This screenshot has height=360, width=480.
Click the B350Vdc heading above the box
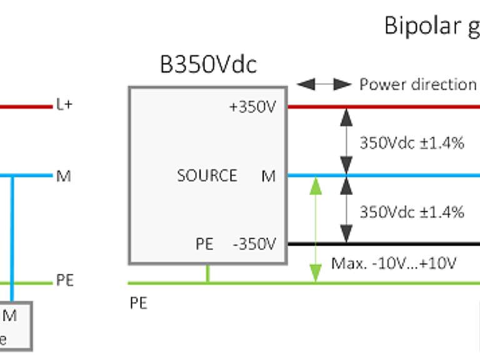[x=208, y=64]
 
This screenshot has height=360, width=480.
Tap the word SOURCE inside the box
[x=207, y=176]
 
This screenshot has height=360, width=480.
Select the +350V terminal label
[x=252, y=107]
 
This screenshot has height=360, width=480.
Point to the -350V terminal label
[x=254, y=244]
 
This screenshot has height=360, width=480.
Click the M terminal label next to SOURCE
[x=268, y=177]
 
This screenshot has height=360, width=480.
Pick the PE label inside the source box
[x=204, y=244]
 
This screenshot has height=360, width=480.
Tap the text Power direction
[x=417, y=84]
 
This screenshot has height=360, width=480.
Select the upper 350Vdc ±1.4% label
[x=411, y=142]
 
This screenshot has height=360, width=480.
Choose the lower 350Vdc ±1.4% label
[x=411, y=212]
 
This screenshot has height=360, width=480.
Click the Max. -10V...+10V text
[x=394, y=263]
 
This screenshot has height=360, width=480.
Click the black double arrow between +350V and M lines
[x=345, y=141]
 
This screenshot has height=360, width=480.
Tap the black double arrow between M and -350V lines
[x=345, y=209]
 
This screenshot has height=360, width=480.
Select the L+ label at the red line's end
[x=64, y=106]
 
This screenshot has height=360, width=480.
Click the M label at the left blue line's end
[x=63, y=176]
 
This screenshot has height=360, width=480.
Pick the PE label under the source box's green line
[x=138, y=304]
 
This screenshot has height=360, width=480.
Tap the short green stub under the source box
[x=207, y=273]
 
